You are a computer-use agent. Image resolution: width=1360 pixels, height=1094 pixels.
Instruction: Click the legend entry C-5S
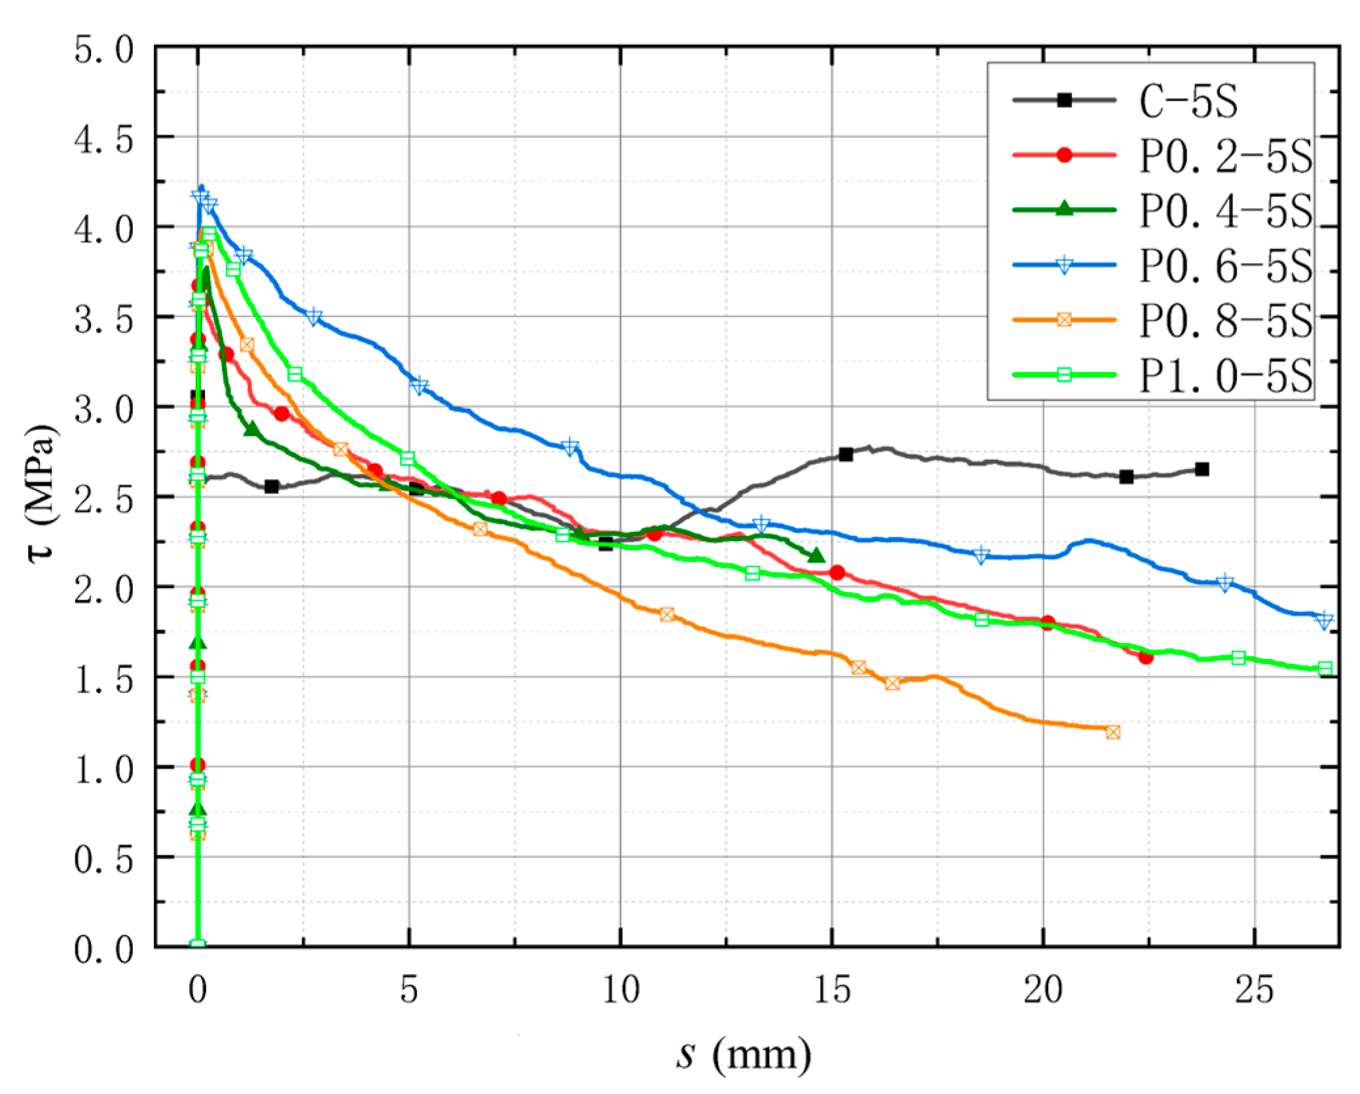(1188, 101)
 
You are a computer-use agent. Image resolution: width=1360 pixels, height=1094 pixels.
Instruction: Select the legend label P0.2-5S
(1225, 156)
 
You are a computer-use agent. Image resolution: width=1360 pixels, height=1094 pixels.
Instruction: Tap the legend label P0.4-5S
(1225, 211)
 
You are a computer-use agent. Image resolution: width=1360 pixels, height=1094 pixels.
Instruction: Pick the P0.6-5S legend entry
(1225, 266)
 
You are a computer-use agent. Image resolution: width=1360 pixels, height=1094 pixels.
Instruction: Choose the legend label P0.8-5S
(1225, 321)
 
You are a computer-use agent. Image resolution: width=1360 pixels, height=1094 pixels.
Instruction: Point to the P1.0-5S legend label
(1225, 376)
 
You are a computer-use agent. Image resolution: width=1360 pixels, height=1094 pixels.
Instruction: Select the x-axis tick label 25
(1254, 990)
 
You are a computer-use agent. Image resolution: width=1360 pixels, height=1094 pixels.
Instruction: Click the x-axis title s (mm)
(743, 1055)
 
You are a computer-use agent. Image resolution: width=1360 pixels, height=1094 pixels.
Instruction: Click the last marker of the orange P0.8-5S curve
(1113, 732)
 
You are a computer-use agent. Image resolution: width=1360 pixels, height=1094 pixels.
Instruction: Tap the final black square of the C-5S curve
(1202, 469)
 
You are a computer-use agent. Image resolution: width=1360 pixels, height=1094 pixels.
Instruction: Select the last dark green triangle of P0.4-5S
(816, 555)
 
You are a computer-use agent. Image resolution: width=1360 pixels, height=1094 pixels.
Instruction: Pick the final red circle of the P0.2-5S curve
(1145, 657)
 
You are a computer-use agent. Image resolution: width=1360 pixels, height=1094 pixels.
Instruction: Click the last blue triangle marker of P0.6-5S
(1324, 620)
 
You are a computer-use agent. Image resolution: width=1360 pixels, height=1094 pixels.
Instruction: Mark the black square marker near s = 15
(846, 454)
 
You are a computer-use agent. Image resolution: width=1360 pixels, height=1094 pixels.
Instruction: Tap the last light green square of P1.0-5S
(1325, 668)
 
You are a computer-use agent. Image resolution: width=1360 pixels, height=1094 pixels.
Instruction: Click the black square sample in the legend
(1064, 100)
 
